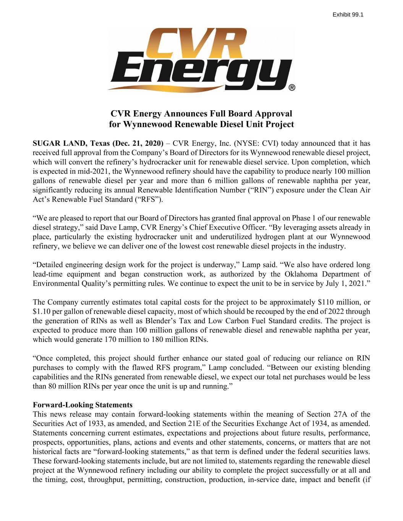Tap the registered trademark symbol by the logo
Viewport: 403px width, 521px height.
tap(291, 88)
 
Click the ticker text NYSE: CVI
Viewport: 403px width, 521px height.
tap(252, 144)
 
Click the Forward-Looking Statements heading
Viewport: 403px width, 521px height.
tap(83, 405)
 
